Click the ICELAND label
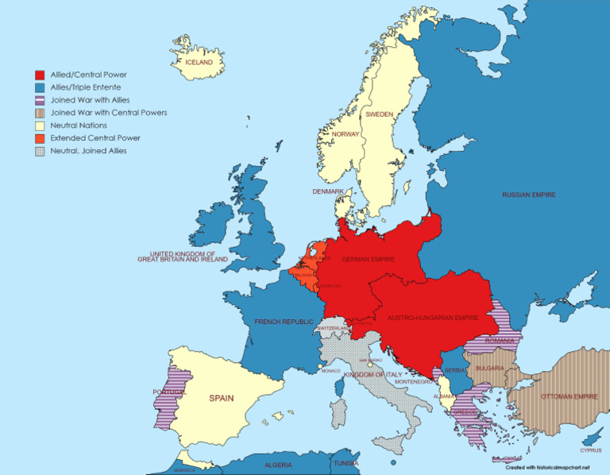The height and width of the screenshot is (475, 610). coord(199,62)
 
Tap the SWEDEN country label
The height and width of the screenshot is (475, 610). coord(379,114)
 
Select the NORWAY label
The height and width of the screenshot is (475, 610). coord(346,134)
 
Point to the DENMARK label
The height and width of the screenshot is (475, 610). coord(328,191)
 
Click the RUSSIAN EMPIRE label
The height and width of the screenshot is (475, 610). coord(528,195)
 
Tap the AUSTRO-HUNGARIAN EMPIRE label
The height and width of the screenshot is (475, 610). coord(433,318)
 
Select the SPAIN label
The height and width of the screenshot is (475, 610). coord(221,398)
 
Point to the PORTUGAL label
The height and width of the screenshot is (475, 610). coord(169,392)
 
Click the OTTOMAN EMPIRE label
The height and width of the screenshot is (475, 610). coord(569,396)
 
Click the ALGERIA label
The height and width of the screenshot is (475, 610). coord(277,465)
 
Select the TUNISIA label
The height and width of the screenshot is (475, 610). coord(345,463)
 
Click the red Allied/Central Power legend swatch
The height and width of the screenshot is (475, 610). coord(40,75)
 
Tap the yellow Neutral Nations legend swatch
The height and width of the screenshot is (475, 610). coord(40,126)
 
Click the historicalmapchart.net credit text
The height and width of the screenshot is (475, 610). coord(546,468)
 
